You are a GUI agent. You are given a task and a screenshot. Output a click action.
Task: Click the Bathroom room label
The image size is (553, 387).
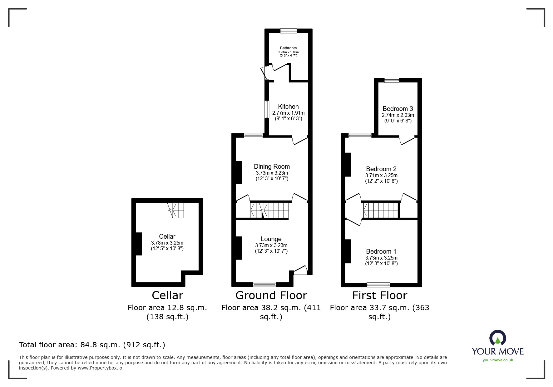[288, 48]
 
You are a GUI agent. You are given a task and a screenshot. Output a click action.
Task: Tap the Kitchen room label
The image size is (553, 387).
[288, 107]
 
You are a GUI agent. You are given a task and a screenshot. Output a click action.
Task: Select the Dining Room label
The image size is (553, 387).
[272, 166]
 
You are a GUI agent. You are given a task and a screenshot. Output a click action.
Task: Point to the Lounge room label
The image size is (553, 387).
[271, 239]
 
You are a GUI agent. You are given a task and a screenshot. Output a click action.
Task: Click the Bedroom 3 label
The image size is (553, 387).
[397, 109]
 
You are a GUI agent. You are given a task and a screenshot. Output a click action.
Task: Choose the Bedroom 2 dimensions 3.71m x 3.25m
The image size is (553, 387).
[381, 176]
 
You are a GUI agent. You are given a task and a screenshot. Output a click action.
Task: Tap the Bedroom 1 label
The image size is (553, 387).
[381, 251]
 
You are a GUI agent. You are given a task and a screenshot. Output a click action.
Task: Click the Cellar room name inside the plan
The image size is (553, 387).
[167, 236]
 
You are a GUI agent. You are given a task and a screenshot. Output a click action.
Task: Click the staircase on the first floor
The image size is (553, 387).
[381, 210]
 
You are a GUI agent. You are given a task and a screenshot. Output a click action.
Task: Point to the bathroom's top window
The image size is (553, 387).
[288, 31]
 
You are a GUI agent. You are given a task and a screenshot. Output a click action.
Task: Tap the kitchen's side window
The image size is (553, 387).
[267, 109]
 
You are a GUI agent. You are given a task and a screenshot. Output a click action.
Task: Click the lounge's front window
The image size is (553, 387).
[264, 284]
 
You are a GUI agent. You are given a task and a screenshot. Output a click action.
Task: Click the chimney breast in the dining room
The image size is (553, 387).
[239, 172]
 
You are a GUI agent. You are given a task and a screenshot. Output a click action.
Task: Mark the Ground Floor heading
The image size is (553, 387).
[271, 295]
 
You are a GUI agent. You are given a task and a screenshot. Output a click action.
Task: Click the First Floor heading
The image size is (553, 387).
[379, 295]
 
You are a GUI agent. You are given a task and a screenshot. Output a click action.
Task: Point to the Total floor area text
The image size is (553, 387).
[92, 345]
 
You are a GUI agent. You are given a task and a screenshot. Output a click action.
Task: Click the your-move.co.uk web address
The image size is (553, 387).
[498, 360]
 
